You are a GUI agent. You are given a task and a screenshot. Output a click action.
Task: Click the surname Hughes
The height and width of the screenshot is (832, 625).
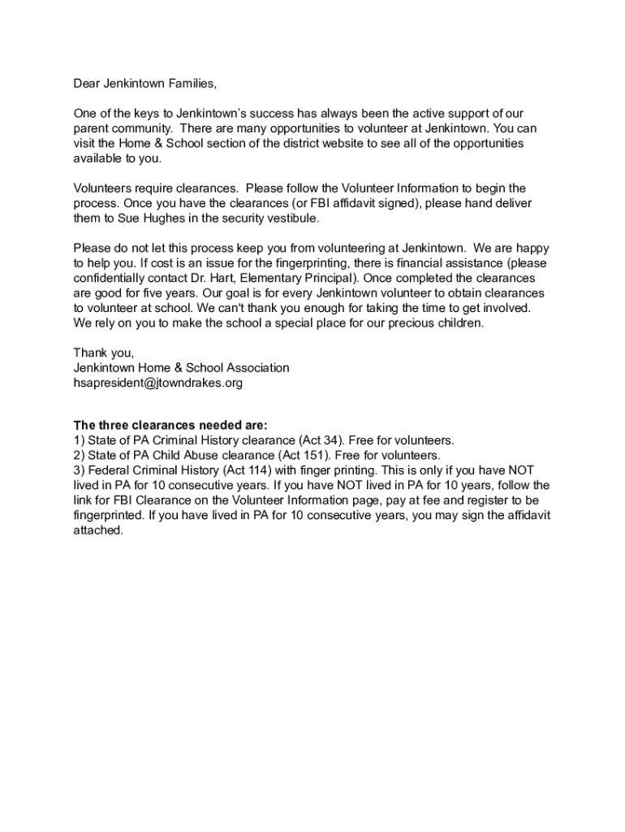click(x=152, y=219)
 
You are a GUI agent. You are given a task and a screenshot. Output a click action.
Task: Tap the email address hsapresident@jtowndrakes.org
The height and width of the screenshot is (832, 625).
click(x=157, y=382)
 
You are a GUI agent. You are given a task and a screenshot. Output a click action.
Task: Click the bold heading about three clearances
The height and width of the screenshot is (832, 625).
click(x=170, y=426)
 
